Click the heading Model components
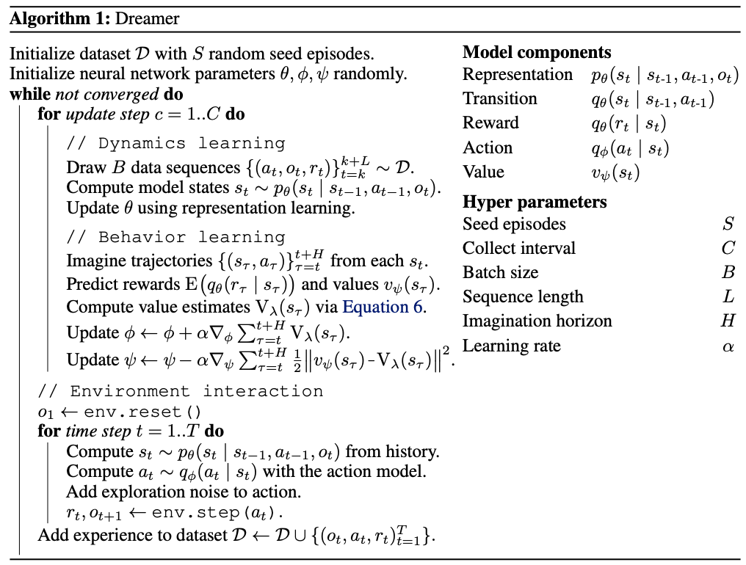[536, 52]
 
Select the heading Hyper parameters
[535, 202]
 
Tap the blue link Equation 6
[383, 307]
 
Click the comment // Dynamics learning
[175, 143]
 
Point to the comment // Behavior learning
[175, 237]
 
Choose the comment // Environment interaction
[181, 390]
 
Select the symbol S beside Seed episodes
[728, 224]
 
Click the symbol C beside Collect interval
[728, 248]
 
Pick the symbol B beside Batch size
[728, 272]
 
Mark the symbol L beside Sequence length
[728, 297]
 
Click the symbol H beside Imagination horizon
[728, 321]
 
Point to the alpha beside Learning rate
[728, 346]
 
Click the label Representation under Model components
[518, 75]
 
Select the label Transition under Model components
[500, 99]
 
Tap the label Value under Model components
[483, 172]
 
